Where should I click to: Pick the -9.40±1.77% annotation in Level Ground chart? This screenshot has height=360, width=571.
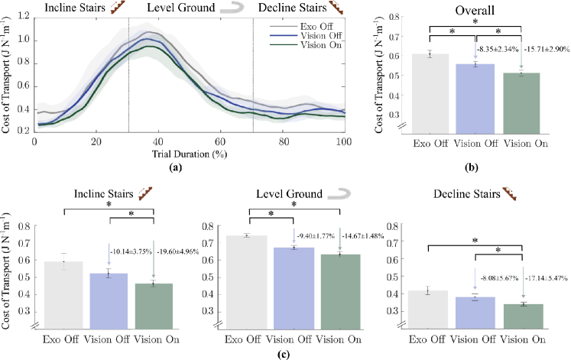pos(316,235)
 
